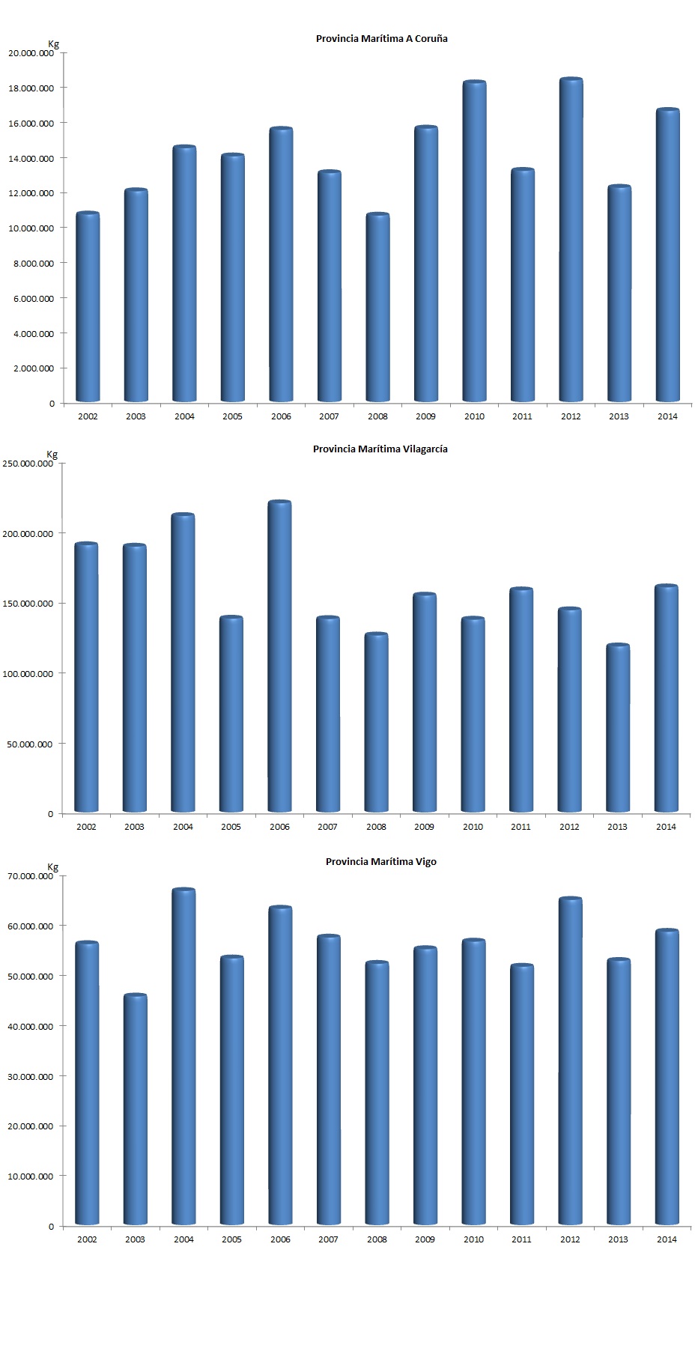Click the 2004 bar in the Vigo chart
(x=183, y=1056)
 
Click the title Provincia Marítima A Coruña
(x=381, y=38)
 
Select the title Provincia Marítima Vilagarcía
(x=380, y=449)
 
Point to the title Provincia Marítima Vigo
(x=380, y=861)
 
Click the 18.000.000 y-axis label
(x=31, y=88)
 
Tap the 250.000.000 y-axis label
(x=28, y=464)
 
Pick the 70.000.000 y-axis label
(x=31, y=876)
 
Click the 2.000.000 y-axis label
(x=34, y=368)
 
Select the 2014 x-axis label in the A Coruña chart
(x=667, y=416)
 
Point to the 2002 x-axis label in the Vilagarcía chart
(x=86, y=827)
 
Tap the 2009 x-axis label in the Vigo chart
(x=425, y=1239)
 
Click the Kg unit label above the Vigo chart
(x=52, y=867)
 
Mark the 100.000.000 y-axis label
(x=28, y=674)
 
